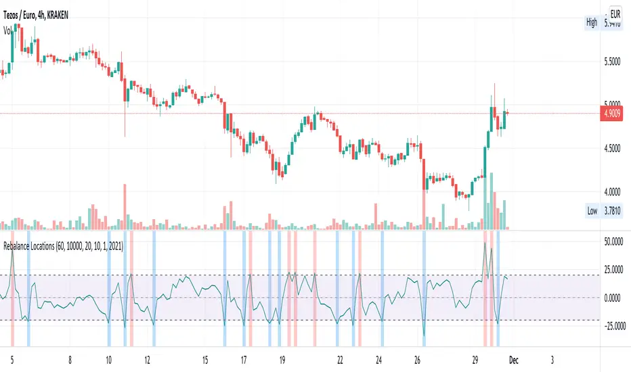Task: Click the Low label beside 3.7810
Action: tap(592, 211)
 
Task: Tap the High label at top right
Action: tap(592, 23)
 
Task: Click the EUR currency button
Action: tap(617, 13)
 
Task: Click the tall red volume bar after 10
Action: tap(125, 206)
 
